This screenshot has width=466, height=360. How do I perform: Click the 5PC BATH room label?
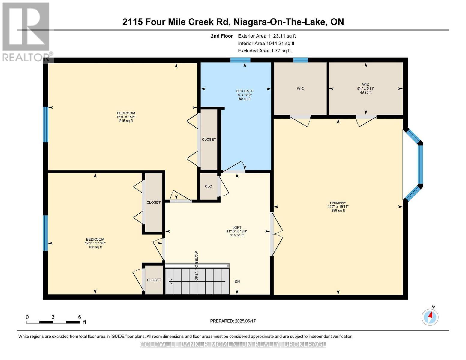point(245,91)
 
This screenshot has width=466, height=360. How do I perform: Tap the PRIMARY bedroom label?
point(338,203)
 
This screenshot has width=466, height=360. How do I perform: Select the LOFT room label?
point(237,228)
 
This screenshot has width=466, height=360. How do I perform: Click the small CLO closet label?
point(209,187)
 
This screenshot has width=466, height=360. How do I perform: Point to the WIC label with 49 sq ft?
point(365,85)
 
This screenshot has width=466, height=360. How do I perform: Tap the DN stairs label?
point(237,282)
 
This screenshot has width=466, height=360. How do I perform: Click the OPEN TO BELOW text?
point(197,266)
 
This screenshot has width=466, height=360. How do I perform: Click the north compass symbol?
point(430,316)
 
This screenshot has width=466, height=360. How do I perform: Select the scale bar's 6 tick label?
point(80,317)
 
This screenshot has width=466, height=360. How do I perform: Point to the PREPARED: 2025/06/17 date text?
point(233,321)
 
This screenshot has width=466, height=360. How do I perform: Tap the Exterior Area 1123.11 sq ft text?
point(267,36)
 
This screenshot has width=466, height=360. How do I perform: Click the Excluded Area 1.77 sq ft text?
point(264,51)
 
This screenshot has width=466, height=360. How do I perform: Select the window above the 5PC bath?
point(240,60)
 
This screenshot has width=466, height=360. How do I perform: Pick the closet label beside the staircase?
point(154,280)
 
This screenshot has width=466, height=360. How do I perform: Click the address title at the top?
point(233,22)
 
